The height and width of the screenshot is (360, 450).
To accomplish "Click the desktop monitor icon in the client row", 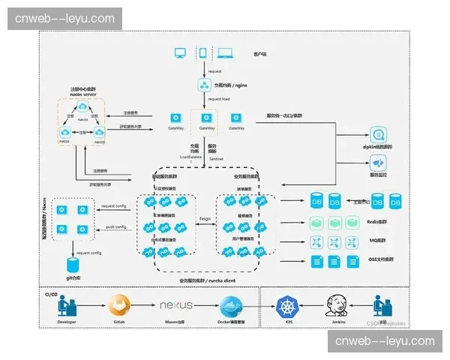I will click(181, 53).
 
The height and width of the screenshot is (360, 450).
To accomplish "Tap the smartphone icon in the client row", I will click(202, 53).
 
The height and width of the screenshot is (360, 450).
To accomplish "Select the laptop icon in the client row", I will click(225, 53).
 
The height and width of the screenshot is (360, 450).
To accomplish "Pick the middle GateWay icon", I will click(205, 118).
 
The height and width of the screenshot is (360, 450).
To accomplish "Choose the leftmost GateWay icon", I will click(174, 118).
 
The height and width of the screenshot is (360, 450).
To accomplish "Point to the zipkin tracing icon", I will click(378, 135).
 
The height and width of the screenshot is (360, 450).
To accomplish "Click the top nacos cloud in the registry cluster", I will click(82, 109).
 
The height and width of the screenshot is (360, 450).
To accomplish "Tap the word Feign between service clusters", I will click(205, 219).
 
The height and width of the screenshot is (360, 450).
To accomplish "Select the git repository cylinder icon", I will click(73, 265).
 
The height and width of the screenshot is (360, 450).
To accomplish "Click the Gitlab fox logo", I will click(118, 304).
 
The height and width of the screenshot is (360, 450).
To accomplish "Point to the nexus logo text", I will click(176, 305).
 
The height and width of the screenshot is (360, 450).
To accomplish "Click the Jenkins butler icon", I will click(336, 304).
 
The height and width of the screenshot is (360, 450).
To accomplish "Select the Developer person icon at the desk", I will click(66, 304).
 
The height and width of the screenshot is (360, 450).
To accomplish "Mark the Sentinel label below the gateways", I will click(217, 159).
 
